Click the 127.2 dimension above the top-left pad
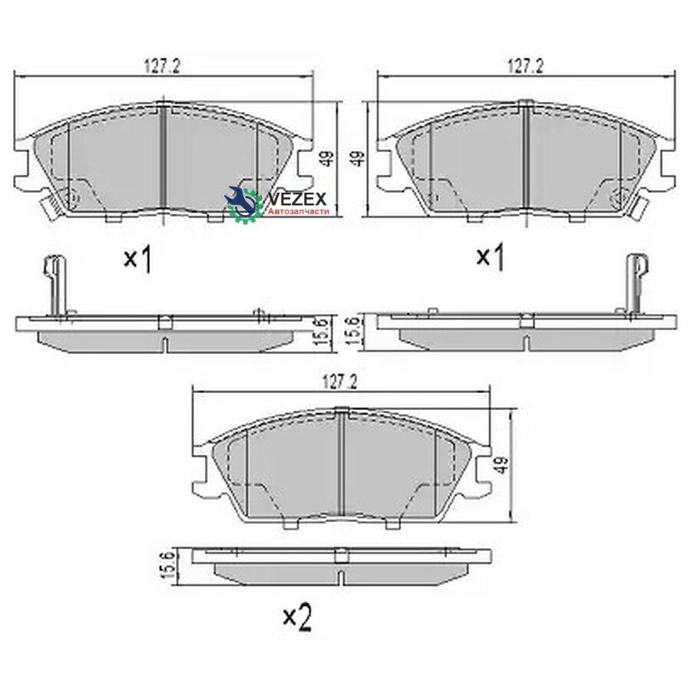[x=162, y=67]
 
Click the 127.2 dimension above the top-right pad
[x=525, y=66]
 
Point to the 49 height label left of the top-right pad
[x=360, y=158]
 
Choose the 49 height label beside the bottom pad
[x=501, y=465]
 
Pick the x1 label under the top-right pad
[x=491, y=257]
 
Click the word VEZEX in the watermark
[x=296, y=199]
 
